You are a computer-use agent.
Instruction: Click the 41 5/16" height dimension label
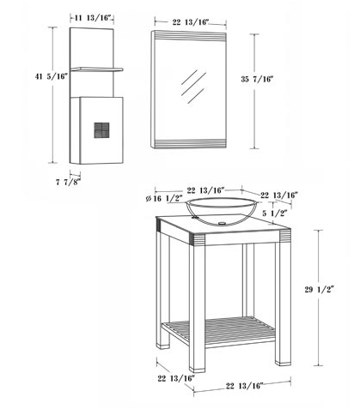52,76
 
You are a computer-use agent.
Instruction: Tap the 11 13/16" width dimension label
93,18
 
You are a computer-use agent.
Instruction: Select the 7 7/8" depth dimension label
68,182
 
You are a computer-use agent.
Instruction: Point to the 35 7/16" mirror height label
257,79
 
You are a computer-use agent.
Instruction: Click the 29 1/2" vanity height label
320,290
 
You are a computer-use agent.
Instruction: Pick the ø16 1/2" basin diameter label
164,198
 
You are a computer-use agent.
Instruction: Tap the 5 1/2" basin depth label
274,213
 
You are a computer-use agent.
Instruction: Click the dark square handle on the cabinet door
101,130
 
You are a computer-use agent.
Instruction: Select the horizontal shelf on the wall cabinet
96,69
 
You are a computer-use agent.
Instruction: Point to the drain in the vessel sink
221,223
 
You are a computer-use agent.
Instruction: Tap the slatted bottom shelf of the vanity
218,331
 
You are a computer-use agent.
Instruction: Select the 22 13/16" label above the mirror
190,22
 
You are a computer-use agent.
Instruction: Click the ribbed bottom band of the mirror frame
190,144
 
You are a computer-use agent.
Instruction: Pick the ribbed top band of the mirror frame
190,35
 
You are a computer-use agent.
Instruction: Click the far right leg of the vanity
283,304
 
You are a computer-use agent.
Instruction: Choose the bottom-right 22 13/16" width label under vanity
244,386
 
